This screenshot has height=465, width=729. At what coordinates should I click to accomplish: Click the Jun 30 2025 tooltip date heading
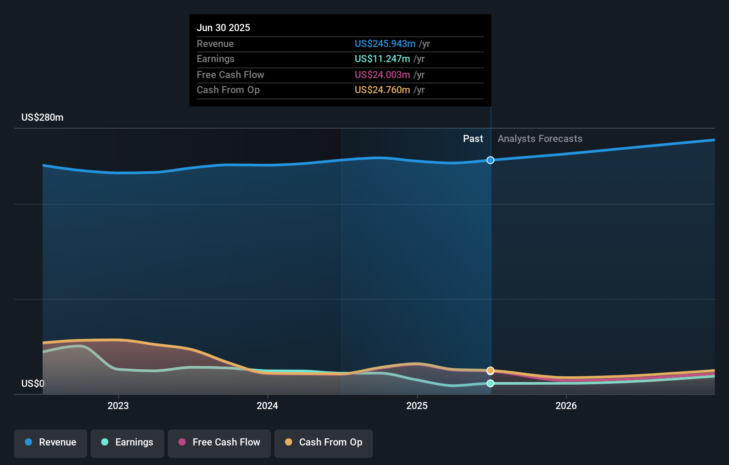[x=223, y=28]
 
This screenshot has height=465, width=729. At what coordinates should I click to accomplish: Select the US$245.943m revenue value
[x=385, y=43]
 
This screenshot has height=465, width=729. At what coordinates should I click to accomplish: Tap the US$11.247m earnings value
[x=382, y=59]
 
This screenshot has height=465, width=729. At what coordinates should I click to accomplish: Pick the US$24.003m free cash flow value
[x=382, y=75]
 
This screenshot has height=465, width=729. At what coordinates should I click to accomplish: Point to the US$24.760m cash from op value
[x=382, y=90]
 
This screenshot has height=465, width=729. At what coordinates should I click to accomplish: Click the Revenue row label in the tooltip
[x=215, y=43]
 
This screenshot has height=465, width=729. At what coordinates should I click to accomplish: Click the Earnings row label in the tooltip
[x=215, y=59]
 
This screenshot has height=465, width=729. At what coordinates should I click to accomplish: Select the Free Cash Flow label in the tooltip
[x=230, y=75]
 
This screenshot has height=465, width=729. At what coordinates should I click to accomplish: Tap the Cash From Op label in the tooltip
[x=228, y=90]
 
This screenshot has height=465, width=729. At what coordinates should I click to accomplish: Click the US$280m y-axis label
[x=42, y=117]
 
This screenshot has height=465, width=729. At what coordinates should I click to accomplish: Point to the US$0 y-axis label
[x=33, y=383]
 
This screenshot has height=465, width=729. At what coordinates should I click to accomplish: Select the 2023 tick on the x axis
[x=118, y=406]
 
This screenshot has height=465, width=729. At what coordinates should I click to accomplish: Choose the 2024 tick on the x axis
[x=267, y=406]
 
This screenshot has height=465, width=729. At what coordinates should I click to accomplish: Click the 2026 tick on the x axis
[x=566, y=406]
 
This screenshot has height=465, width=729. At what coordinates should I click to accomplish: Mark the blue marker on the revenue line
[x=490, y=160]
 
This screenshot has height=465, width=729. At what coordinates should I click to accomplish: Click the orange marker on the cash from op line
[x=490, y=370]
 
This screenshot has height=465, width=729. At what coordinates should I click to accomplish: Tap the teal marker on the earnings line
[x=490, y=383]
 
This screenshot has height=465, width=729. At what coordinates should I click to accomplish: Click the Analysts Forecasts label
[x=540, y=138]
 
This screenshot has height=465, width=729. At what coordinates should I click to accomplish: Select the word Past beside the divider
[x=473, y=138]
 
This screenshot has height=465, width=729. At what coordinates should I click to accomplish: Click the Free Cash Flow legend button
[x=219, y=442]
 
